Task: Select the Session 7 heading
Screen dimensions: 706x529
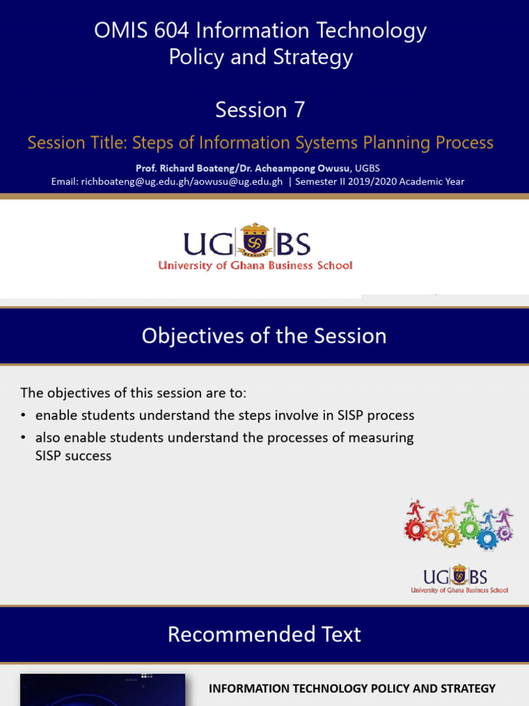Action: tap(260, 110)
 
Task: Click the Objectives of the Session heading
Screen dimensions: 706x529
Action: tap(264, 336)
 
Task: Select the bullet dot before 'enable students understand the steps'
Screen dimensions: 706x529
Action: tap(23, 416)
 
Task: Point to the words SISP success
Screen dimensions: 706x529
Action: tap(73, 456)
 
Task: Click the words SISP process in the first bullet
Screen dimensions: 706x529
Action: tap(376, 415)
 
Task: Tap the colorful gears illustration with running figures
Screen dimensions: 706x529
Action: tap(458, 524)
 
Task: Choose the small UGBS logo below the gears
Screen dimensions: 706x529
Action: tap(459, 580)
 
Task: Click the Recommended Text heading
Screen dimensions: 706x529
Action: tap(264, 634)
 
